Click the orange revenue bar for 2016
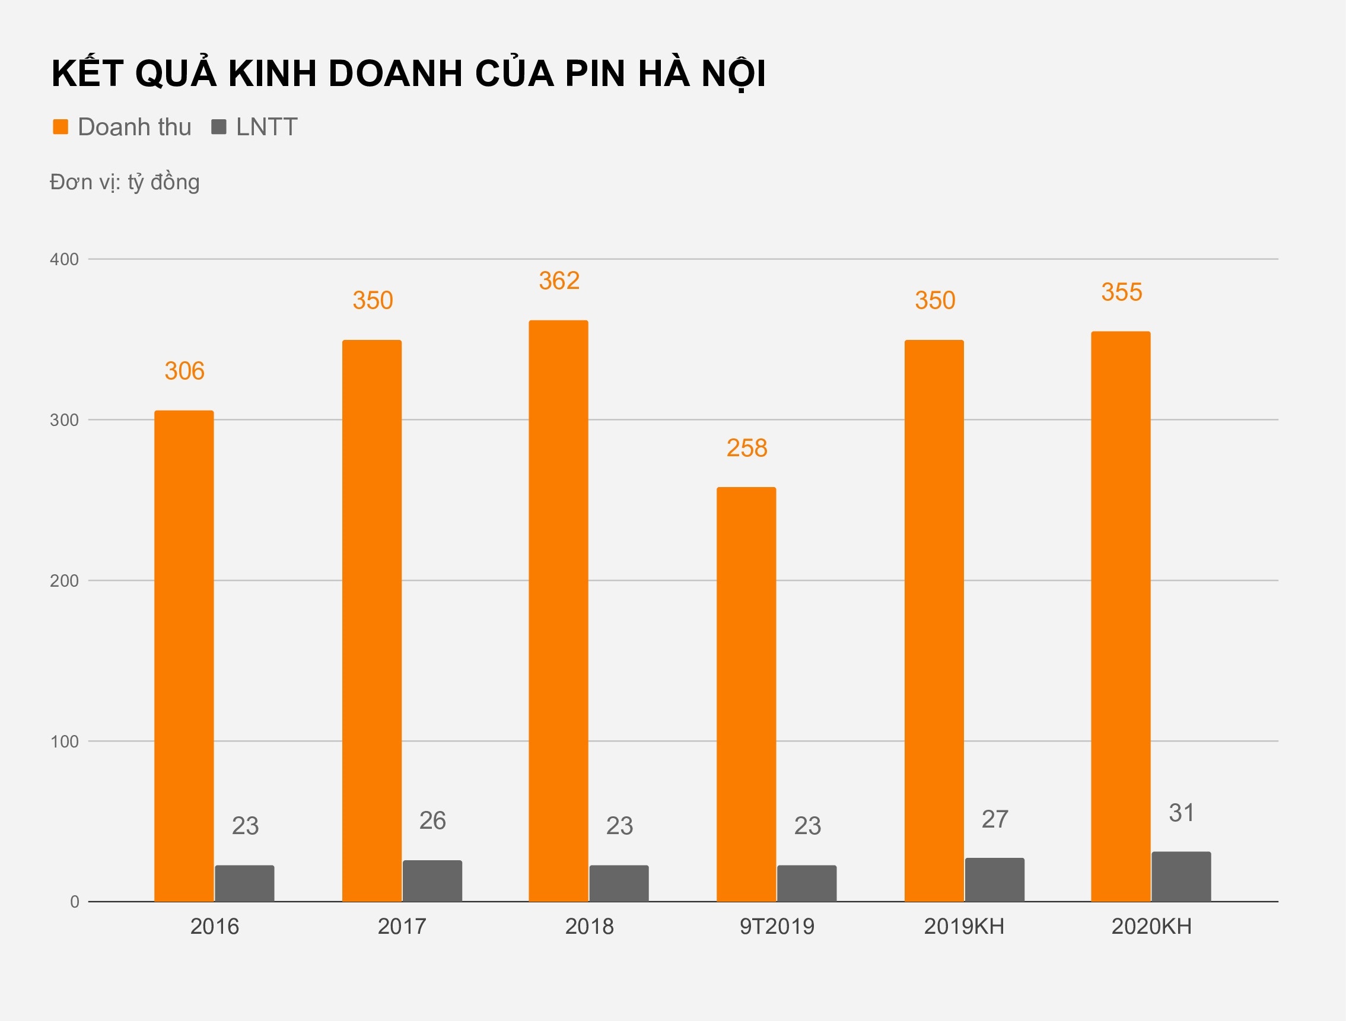point(184,656)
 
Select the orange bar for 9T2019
point(746,694)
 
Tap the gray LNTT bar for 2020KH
point(1181,877)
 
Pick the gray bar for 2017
point(432,881)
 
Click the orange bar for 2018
point(558,611)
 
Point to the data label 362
point(559,281)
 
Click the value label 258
point(747,448)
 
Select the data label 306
point(184,371)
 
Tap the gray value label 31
point(1181,813)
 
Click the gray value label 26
point(432,821)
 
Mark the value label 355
point(1121,292)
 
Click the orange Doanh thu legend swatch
point(61,126)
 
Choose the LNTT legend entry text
point(266,127)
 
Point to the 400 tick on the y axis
point(64,259)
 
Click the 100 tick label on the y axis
point(64,741)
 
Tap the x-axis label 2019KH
point(964,926)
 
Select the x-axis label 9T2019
point(777,926)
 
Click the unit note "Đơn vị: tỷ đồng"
point(125,182)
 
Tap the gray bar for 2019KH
point(994,880)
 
